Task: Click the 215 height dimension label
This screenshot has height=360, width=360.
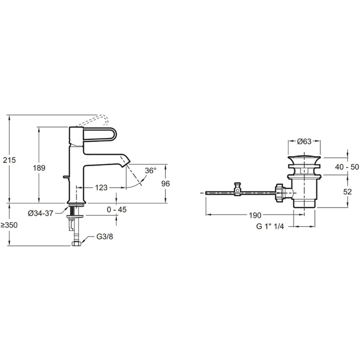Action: pos(9,160)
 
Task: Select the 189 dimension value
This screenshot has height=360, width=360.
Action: pos(39,168)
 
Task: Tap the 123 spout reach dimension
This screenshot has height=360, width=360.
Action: pos(101,188)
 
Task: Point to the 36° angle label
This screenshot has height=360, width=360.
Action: pos(150,171)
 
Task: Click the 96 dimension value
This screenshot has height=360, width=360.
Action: pos(166,184)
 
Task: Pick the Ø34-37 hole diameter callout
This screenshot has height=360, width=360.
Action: pos(41,213)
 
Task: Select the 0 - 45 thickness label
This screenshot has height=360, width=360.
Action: pos(117,210)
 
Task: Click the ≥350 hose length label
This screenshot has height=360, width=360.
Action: pos(9,225)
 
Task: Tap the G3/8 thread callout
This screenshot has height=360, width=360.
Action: pos(105,237)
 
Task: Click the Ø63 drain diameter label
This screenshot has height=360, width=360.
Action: pos(304,141)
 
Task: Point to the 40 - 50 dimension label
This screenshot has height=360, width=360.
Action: pos(347,167)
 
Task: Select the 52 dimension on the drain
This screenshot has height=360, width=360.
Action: pos(347,192)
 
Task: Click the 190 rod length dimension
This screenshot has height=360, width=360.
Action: pos(255,216)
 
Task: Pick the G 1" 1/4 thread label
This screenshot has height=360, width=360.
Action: pos(270,226)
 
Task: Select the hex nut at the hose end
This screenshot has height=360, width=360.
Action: pos(76,244)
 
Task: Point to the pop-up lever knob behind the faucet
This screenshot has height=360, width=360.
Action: pos(66,177)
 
